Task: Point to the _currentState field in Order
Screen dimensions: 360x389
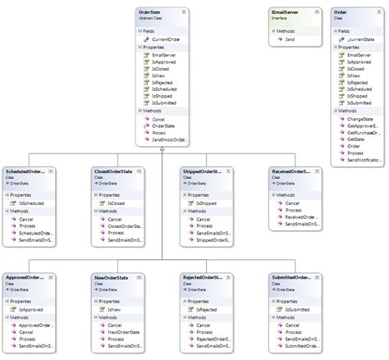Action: click(361, 39)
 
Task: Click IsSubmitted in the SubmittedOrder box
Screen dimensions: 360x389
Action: click(299, 308)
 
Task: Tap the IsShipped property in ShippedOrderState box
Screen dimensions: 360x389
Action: click(208, 178)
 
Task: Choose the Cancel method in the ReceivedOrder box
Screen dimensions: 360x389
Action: click(293, 203)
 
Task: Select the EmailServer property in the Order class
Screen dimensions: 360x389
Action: click(359, 56)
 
